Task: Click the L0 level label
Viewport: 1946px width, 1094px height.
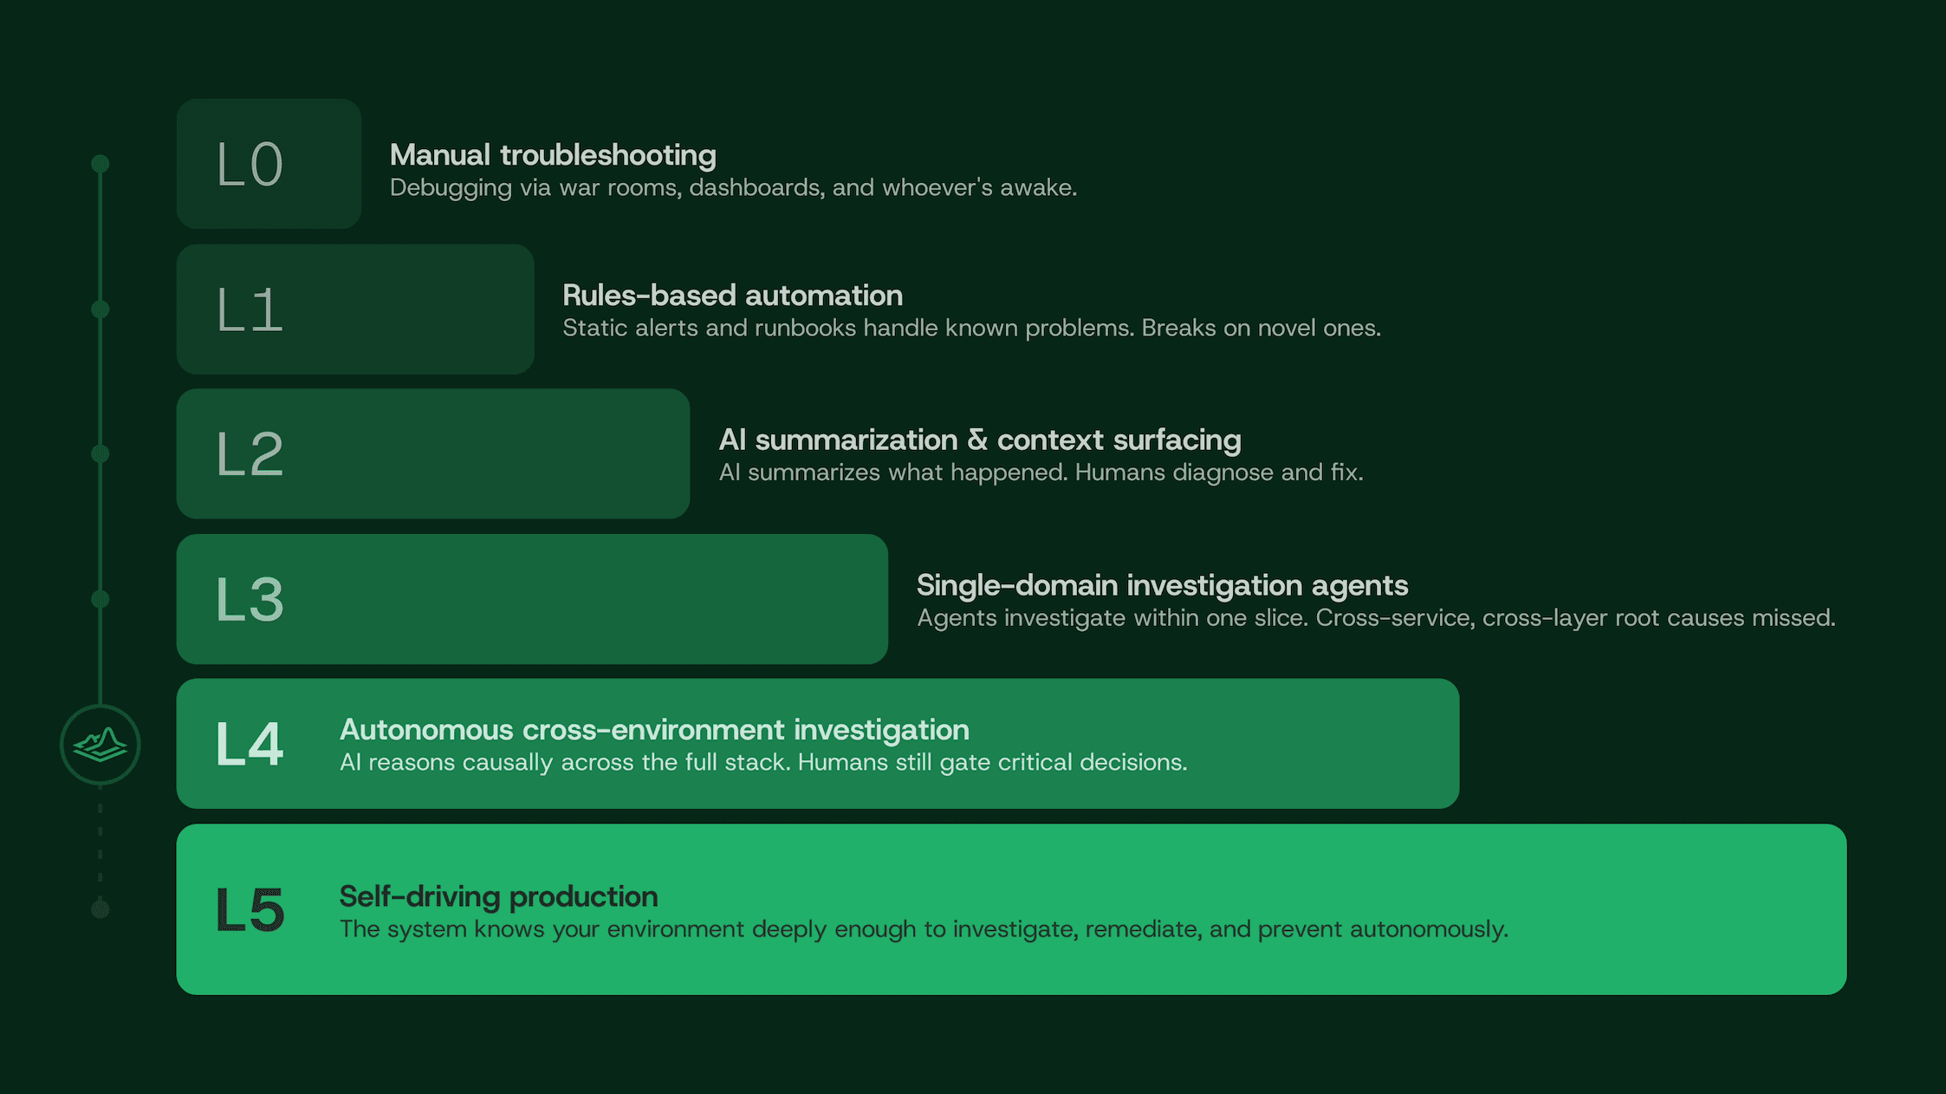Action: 250,165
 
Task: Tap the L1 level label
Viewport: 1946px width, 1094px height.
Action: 250,310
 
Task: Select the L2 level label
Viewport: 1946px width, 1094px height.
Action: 250,454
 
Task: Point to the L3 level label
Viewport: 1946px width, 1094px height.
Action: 250,600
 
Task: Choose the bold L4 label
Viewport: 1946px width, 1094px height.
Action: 250,744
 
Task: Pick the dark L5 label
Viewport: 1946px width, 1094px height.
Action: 250,910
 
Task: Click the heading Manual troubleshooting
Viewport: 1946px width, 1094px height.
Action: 553,155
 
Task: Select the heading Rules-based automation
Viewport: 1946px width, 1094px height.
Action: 732,296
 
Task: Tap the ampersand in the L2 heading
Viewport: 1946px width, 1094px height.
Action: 977,440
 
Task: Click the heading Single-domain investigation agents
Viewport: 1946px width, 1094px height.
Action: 1162,585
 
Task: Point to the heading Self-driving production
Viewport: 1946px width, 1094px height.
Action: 498,896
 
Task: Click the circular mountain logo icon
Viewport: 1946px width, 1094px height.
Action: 101,745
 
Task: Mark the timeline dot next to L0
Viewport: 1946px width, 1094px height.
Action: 101,164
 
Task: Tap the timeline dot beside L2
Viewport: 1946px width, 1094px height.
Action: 101,453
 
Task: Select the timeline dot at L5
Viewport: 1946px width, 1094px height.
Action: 101,908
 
